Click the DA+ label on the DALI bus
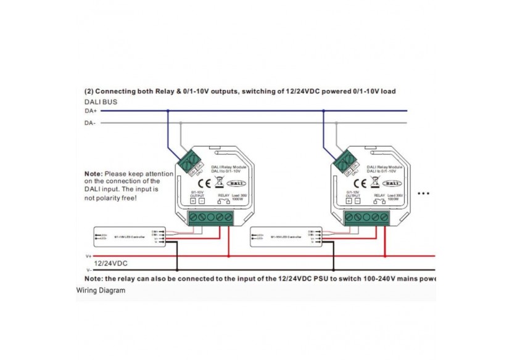(x=89, y=111)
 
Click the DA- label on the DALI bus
(x=89, y=123)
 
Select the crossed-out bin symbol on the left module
(x=218, y=183)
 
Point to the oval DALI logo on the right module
(x=392, y=183)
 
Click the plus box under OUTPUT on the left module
(x=193, y=201)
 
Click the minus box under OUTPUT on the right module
(x=358, y=201)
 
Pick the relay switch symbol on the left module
(x=223, y=202)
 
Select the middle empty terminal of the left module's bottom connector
(x=211, y=218)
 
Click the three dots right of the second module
(x=423, y=194)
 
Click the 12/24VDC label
(x=112, y=263)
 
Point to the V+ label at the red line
(x=88, y=255)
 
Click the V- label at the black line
(x=88, y=270)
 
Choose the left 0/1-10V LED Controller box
(x=130, y=236)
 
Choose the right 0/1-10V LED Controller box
(x=287, y=236)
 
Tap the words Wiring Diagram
(x=101, y=290)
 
